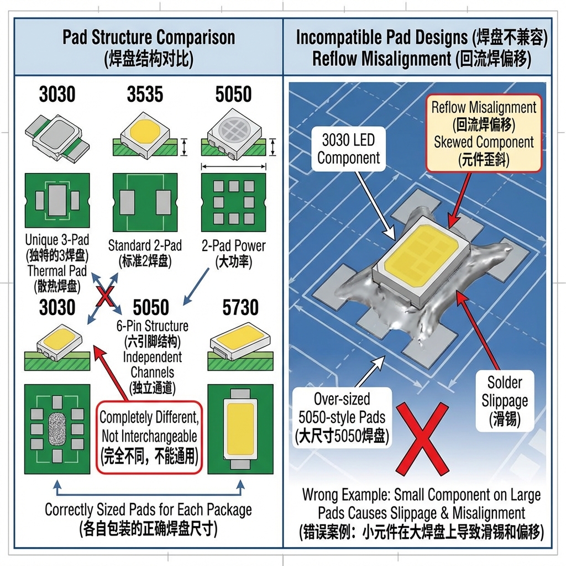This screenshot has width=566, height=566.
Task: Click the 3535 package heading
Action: click(145, 94)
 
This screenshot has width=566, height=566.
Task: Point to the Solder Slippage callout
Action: click(504, 400)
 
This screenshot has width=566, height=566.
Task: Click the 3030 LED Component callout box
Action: click(348, 149)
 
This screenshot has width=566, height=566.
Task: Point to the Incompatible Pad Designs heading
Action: click(422, 37)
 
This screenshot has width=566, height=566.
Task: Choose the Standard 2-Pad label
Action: click(145, 245)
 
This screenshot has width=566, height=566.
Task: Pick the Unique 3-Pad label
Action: click(57, 240)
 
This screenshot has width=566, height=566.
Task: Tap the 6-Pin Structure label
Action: click(152, 326)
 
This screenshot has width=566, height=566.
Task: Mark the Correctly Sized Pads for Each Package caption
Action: click(148, 509)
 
